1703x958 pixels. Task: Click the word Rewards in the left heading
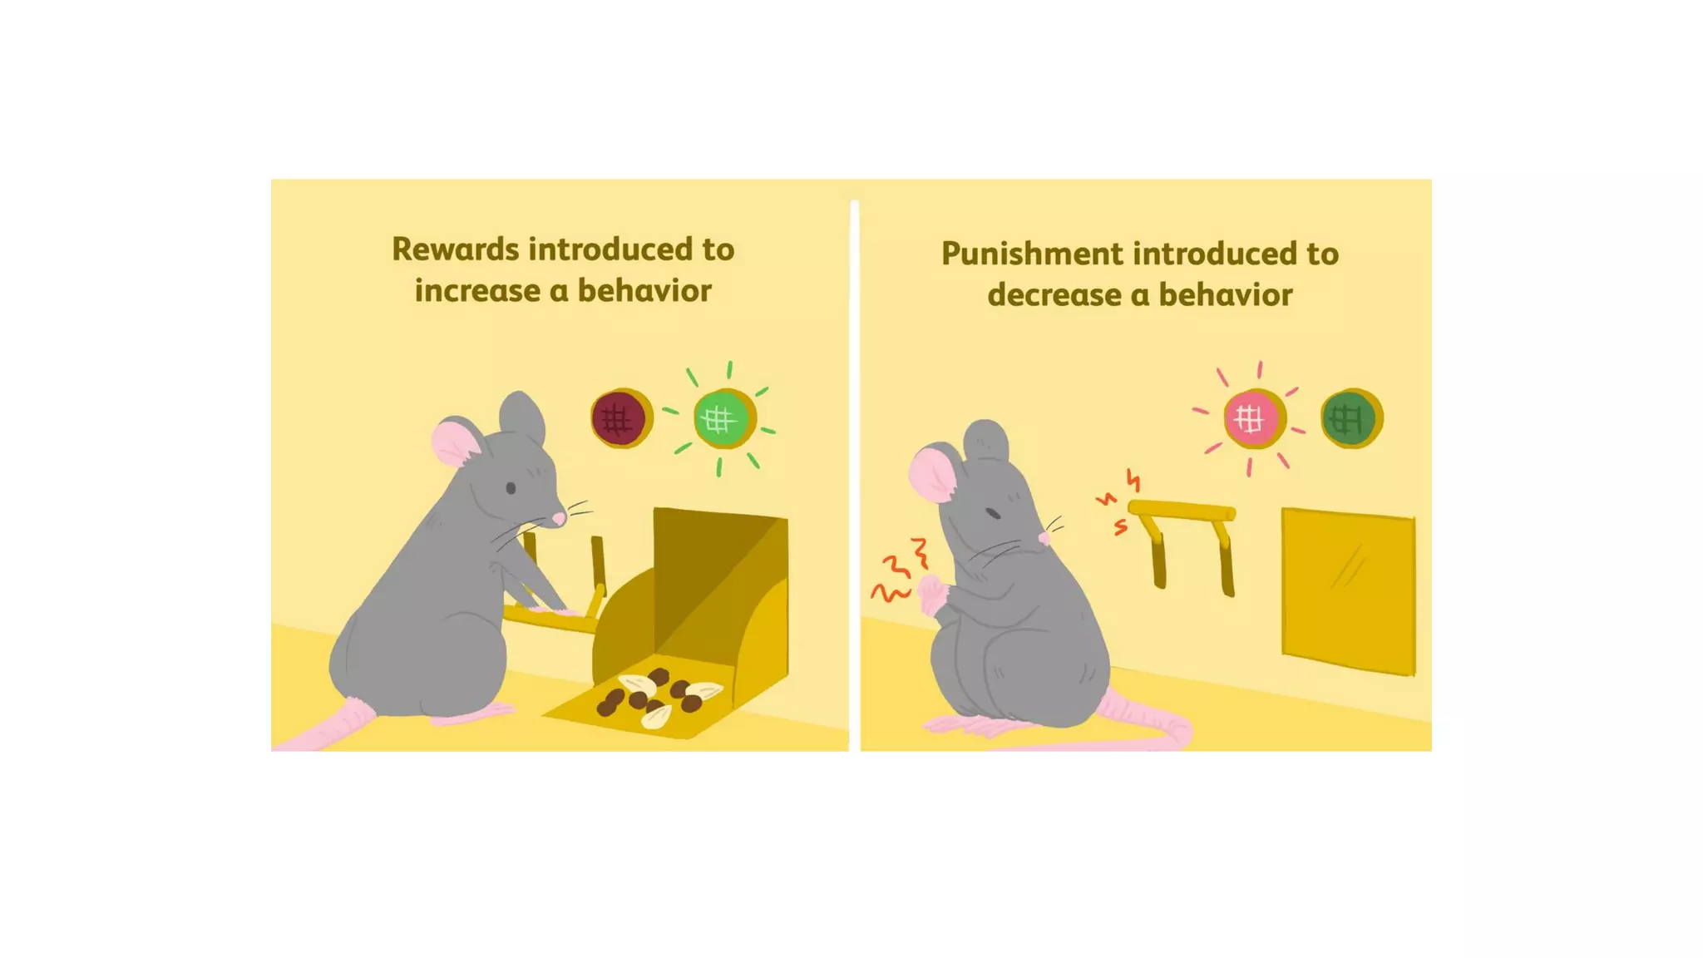pos(456,249)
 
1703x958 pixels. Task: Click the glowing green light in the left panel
pos(721,419)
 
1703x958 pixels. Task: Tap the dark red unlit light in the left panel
pos(619,418)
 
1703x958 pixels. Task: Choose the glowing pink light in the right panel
pos(1251,418)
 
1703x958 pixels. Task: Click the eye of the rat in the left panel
pos(511,488)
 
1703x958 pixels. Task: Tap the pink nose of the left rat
pos(560,518)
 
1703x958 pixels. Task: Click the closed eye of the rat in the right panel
pos(993,512)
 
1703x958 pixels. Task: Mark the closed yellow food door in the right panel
pos(1347,592)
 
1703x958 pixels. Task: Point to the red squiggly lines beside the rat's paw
pos(898,570)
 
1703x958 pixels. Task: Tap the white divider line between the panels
pos(854,474)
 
